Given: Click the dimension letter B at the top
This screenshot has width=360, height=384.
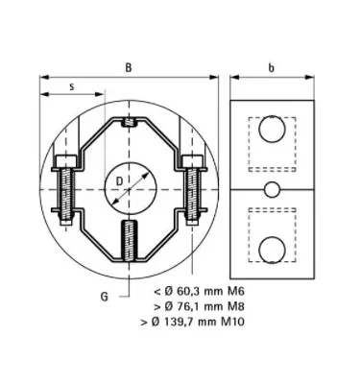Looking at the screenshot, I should [129, 68].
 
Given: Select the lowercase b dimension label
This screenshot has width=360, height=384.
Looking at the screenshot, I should [273, 68].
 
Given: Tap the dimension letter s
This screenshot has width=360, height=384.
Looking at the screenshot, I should [72, 86].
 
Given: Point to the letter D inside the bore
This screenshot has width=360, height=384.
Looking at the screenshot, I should [118, 179].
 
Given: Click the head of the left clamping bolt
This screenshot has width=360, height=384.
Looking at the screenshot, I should [65, 159].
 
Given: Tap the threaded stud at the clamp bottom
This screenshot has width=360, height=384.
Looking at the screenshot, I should [130, 239].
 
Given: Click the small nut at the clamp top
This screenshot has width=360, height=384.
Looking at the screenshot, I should [130, 121].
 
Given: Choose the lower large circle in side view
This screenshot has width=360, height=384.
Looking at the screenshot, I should [273, 249].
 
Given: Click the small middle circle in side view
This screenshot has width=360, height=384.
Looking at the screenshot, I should [273, 187].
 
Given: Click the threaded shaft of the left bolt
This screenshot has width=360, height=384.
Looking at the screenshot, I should [65, 197].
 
